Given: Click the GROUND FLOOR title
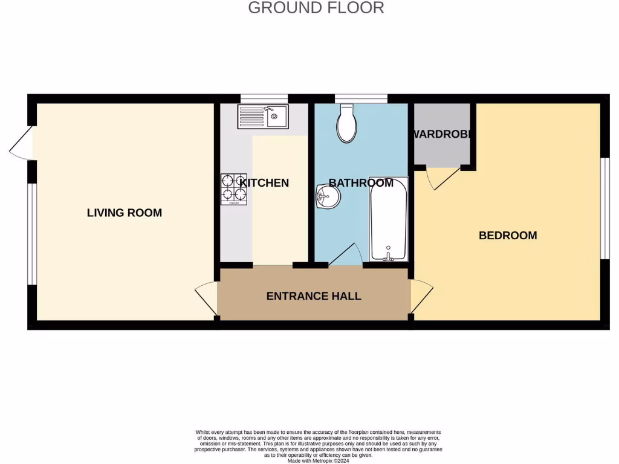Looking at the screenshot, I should point(316,8).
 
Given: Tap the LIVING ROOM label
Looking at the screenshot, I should point(125,213).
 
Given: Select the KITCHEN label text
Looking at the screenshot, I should point(264,182).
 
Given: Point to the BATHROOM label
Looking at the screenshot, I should point(361,182).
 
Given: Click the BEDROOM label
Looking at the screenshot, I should point(508,235).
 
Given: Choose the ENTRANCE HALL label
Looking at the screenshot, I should point(314,296).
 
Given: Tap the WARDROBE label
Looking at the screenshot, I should point(442,134).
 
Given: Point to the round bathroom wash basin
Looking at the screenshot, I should point(328,196).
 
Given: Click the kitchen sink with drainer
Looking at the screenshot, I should point(264,116).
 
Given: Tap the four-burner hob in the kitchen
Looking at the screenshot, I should point(234,188).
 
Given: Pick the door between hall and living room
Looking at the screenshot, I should point(207,298).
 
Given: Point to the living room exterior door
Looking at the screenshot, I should point(21,145).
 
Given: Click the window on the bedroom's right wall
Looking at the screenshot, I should point(603,208).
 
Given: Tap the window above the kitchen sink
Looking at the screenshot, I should point(264,98).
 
